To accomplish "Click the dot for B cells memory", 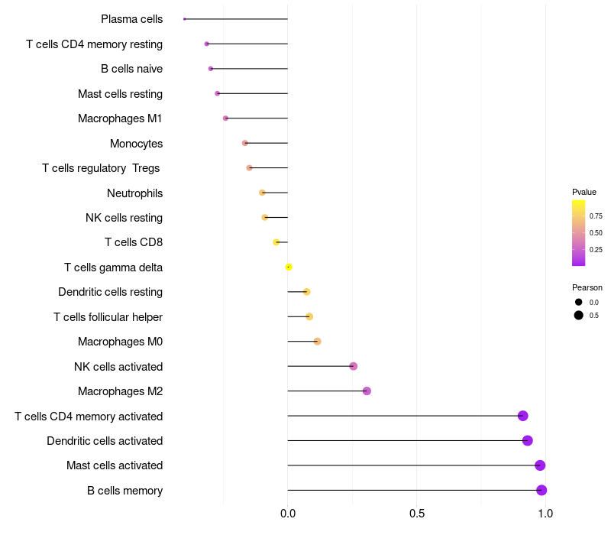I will click(541, 490).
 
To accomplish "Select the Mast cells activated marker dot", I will click(540, 465).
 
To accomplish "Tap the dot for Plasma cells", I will click(185, 19).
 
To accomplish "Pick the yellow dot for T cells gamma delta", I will click(289, 267).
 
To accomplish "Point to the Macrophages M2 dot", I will click(367, 391).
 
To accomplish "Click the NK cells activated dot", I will click(353, 366).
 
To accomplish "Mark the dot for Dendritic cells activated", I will click(527, 440).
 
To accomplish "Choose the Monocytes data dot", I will click(244, 143).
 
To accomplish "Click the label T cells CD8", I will click(134, 242).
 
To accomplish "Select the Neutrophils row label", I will click(135, 193).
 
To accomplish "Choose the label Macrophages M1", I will click(120, 118).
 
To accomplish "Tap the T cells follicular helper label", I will click(108, 316).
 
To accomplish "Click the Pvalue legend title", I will click(584, 192).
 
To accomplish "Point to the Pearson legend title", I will click(587, 287).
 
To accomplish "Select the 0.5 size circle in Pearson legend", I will click(579, 315).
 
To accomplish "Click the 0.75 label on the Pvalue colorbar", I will click(596, 216).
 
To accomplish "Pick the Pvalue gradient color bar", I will click(579, 232).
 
